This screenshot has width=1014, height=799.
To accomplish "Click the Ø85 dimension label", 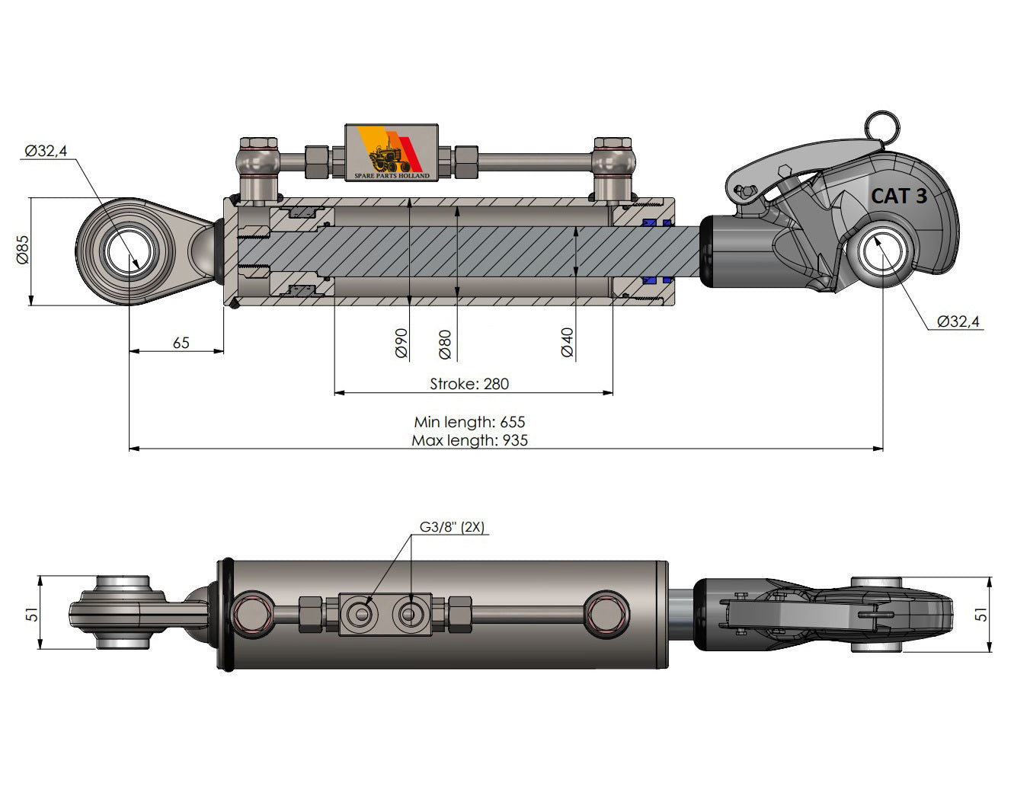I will click(x=22, y=250).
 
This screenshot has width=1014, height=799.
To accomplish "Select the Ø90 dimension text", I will click(x=401, y=344).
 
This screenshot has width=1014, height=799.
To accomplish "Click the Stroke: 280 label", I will click(x=469, y=384).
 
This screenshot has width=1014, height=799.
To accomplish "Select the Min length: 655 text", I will click(x=469, y=422).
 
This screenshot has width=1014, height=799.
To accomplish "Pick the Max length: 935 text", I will click(x=469, y=440).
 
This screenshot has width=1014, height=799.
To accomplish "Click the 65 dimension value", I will click(x=181, y=343).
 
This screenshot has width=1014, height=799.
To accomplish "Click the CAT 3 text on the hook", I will click(x=898, y=196).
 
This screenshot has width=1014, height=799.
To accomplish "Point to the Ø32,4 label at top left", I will click(x=46, y=151).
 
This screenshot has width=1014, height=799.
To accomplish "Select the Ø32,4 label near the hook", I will click(x=958, y=321).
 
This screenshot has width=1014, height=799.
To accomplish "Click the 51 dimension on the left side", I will click(x=31, y=613).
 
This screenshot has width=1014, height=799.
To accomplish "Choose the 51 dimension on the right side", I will click(x=982, y=613).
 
